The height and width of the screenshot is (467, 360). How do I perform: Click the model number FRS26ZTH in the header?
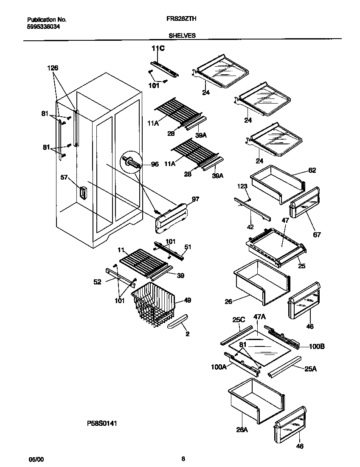coord(184,19)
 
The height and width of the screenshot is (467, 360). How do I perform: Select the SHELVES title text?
coord(184,36)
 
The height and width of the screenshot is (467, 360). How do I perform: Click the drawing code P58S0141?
coord(102,423)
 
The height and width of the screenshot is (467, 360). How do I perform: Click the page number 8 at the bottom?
coord(183,459)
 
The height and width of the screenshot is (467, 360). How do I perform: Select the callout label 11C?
coord(158,49)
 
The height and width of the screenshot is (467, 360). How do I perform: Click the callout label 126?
coord(53,68)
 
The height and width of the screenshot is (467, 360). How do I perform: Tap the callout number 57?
coord(64,178)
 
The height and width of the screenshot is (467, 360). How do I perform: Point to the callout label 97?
coord(195,199)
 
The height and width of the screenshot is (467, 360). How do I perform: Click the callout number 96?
coord(155,164)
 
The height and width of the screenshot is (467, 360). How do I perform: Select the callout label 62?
coord(312,170)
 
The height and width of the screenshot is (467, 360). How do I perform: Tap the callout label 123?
coord(242,186)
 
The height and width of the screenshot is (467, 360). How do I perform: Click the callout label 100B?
coord(316,346)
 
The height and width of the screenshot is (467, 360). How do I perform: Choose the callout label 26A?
coord(242,429)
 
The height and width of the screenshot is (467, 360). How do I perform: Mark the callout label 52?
coord(98,281)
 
